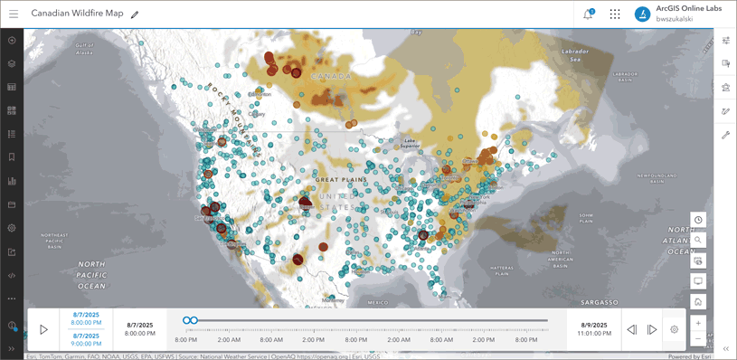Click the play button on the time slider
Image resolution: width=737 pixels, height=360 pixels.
pyautogui.click(x=43, y=329)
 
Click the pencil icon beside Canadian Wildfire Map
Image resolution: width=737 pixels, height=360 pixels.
pyautogui.click(x=135, y=14)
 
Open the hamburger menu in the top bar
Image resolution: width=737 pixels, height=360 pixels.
pyautogui.click(x=14, y=14)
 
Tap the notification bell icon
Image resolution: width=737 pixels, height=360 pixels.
pyautogui.click(x=588, y=14)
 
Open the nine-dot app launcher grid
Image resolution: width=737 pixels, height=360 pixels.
pyautogui.click(x=615, y=14)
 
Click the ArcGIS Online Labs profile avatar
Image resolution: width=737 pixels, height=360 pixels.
pyautogui.click(x=642, y=14)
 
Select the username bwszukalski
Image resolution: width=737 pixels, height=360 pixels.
pyautogui.click(x=675, y=19)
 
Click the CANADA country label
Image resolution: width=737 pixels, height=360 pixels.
pyautogui.click(x=331, y=76)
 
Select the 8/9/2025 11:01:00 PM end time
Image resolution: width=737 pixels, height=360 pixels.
pyautogui.click(x=593, y=329)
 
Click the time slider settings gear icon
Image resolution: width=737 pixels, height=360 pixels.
pyautogui.click(x=675, y=330)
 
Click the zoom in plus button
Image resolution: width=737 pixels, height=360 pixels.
pyautogui.click(x=698, y=323)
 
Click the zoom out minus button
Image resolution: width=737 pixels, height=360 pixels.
pyautogui.click(x=698, y=339)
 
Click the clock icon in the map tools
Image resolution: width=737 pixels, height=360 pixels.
pyautogui.click(x=698, y=221)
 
